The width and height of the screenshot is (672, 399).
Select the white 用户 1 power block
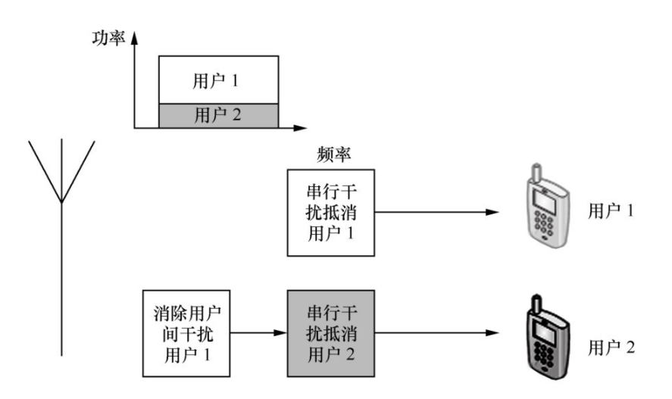[x=218, y=79]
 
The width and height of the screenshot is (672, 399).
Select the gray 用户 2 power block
[x=218, y=115]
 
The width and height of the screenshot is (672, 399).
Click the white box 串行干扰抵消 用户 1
[x=330, y=213]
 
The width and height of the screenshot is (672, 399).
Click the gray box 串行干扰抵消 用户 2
[x=330, y=333]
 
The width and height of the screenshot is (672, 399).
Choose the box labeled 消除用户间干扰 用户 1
[x=186, y=333]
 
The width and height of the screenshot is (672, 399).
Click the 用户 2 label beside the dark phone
[x=611, y=348]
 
